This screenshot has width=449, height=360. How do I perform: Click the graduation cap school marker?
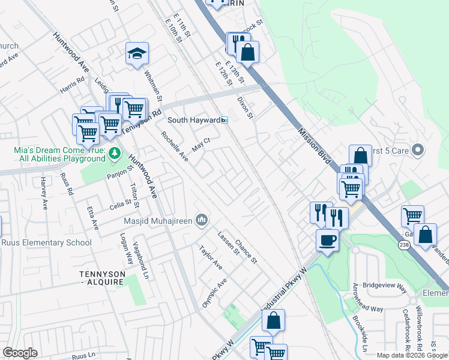137,54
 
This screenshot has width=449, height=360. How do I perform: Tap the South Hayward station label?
193,120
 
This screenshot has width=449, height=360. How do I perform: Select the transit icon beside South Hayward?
224,120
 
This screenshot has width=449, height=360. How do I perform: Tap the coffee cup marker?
327,240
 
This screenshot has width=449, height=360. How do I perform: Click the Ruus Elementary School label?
46,243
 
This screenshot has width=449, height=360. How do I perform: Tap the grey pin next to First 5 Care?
419,150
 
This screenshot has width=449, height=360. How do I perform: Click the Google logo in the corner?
20,353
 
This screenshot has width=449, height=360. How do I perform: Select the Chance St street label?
246,252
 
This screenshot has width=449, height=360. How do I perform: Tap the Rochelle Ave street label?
175,148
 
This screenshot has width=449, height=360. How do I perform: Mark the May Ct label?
200,144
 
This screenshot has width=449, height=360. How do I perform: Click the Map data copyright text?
412,355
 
